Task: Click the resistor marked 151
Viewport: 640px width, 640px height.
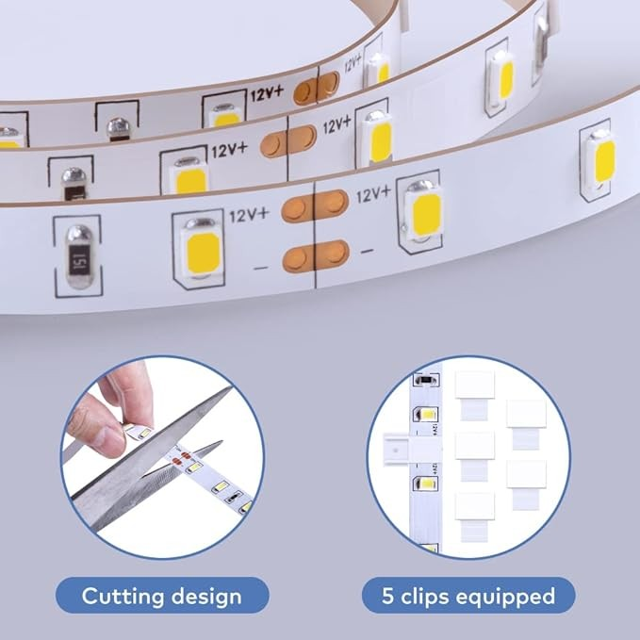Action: click(79, 256)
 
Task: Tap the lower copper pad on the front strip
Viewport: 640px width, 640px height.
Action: click(315, 253)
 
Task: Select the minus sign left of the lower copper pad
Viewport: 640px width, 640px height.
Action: click(262, 268)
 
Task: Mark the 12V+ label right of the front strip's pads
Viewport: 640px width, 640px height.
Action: click(372, 195)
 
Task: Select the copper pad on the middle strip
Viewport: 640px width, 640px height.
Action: click(287, 141)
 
